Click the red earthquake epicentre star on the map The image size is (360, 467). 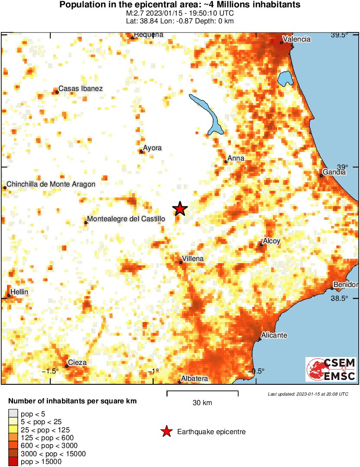(x=180, y=209)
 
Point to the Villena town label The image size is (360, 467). (x=193, y=259)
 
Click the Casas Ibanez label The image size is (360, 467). (x=81, y=89)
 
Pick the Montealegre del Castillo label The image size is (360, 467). (x=126, y=219)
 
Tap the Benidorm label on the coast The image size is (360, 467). (x=346, y=285)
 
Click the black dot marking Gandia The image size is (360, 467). (x=321, y=175)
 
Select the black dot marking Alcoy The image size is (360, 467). (x=261, y=245)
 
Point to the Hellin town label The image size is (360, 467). (x=19, y=292)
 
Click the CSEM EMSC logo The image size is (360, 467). (x=331, y=369)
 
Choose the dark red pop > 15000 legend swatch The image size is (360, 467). (x=13, y=462)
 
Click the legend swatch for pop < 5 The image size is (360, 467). (x=13, y=414)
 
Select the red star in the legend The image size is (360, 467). (x=165, y=432)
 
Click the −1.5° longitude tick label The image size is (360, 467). (x=50, y=371)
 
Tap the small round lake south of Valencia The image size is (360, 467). (x=285, y=78)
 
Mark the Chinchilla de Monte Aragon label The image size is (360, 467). (x=51, y=184)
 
